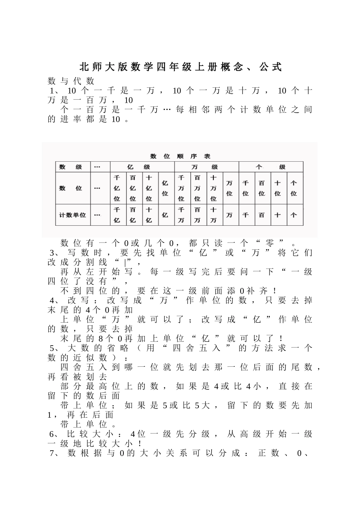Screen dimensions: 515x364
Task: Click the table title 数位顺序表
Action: [x=180, y=156]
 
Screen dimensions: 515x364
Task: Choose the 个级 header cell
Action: [x=271, y=167]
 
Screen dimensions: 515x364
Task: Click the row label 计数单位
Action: [x=72, y=215]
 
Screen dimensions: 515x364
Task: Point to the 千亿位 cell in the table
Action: [x=117, y=188]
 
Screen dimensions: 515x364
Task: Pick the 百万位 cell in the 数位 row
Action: [x=197, y=188]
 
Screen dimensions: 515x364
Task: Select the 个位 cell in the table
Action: [x=293, y=188]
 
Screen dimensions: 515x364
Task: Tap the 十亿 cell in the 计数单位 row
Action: [x=149, y=215]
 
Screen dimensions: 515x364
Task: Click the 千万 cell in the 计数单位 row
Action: [x=181, y=215]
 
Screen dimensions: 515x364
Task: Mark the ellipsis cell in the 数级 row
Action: [x=97, y=167]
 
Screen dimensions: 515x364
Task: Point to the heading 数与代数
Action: [x=71, y=81]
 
